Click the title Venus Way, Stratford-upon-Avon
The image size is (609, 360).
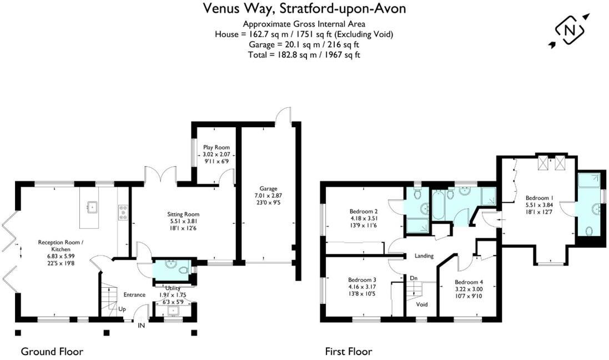(304, 8)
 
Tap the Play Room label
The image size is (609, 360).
(216, 148)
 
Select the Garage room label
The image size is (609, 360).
(268, 188)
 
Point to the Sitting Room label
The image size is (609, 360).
(183, 214)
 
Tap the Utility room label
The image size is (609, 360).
(173, 288)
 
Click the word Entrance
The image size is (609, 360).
(134, 294)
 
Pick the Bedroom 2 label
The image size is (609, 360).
(364, 211)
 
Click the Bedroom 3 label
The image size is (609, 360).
(363, 279)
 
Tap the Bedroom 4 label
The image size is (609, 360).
(469, 282)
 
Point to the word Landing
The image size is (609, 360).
(424, 256)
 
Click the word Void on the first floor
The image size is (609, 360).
(422, 304)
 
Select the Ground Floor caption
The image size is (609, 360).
(52, 351)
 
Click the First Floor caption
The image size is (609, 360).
(348, 351)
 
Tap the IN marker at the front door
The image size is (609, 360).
(142, 326)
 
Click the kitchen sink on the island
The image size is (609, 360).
(92, 209)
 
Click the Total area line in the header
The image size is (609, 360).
(304, 54)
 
